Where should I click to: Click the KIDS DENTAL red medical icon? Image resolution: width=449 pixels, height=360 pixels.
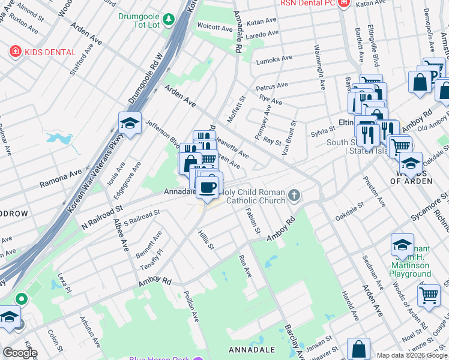[14, 52]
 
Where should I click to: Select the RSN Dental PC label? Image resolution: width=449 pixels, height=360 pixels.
[308, 4]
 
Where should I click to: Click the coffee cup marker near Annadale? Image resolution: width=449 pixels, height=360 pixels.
[208, 187]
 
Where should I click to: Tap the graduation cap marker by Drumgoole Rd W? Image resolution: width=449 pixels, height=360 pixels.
[130, 124]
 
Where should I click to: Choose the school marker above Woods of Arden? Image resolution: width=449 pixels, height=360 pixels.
[411, 163]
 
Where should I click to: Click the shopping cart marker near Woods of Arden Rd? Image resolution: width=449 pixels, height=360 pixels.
[429, 295]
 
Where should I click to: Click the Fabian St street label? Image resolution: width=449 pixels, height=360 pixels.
[253, 220]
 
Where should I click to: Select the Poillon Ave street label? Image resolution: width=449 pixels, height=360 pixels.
[192, 306]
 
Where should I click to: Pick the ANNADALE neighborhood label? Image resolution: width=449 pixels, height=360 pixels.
[252, 349]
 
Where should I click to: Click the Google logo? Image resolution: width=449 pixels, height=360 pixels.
[20, 353]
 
